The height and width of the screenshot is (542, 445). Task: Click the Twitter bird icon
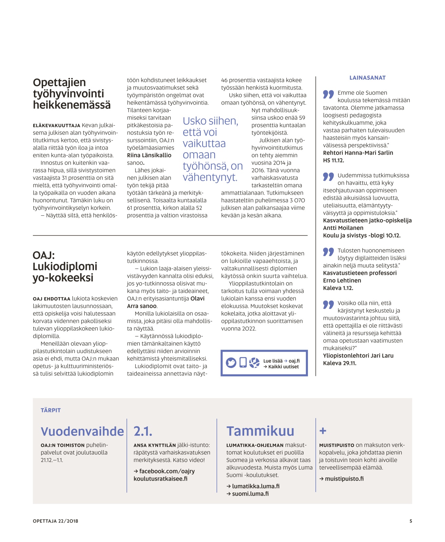coord(231,363)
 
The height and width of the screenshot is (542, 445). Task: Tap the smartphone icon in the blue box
coord(243,362)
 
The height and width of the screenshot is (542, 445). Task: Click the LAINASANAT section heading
coord(367,78)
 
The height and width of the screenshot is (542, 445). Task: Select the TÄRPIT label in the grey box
coord(51,410)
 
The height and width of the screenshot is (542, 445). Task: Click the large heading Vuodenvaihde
coord(82,431)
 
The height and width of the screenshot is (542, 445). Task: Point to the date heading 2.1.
coord(143,431)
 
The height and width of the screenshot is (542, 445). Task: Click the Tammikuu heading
coord(260,431)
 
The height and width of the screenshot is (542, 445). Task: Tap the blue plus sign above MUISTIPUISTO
coord(323,431)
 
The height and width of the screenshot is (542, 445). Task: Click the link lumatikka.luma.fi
coord(255,486)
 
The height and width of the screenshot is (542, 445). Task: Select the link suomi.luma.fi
coord(250,493)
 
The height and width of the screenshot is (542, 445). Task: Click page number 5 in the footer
coord(411,521)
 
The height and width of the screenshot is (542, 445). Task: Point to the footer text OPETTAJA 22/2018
coord(55,521)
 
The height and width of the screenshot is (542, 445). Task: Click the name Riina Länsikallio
coord(149,155)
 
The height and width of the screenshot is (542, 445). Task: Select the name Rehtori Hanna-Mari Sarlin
coord(358,153)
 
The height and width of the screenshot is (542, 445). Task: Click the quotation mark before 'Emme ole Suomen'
coord(328,94)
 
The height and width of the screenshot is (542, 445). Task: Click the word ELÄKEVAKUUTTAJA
coord(56,125)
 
